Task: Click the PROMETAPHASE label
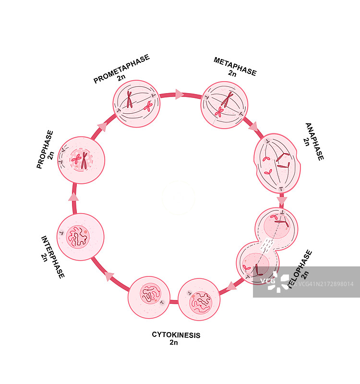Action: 121,68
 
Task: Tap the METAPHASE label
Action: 235,66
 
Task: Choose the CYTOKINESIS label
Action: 176,335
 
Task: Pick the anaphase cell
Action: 277,163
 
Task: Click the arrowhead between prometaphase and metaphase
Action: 180,95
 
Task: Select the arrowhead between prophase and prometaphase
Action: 102,126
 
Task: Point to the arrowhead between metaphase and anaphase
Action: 253,127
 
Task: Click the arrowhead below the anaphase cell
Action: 282,200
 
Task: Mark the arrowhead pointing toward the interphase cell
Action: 109,276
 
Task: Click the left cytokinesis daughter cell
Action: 148,297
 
